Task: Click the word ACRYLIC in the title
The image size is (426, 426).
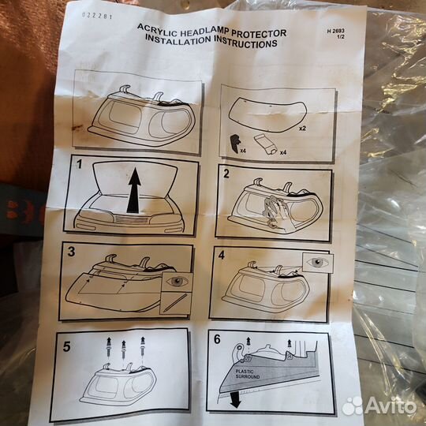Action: pos(157,30)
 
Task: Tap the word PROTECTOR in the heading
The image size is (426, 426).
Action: pos(259,33)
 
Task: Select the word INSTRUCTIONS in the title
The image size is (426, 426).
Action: pos(245,43)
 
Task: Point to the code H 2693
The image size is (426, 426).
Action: pos(335,32)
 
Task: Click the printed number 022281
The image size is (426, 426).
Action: pos(97,16)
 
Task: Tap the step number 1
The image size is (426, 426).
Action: pos(79,164)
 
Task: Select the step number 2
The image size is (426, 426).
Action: pos(226,174)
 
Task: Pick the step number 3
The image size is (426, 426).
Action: pos(71,252)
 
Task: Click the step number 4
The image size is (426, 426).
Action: pos(222,255)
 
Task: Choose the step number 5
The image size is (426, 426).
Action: pos(66,346)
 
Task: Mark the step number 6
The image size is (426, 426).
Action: pos(217,339)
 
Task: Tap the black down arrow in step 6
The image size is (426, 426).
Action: pos(235,400)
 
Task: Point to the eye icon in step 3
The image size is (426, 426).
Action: pos(177,282)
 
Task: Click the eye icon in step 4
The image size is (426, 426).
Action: pos(318,262)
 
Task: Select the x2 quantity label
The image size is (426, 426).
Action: pos(302,129)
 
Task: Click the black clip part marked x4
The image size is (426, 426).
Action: pos(235,144)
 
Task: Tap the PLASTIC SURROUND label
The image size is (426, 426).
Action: pos(248,374)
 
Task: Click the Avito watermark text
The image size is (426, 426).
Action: pos(390,406)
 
